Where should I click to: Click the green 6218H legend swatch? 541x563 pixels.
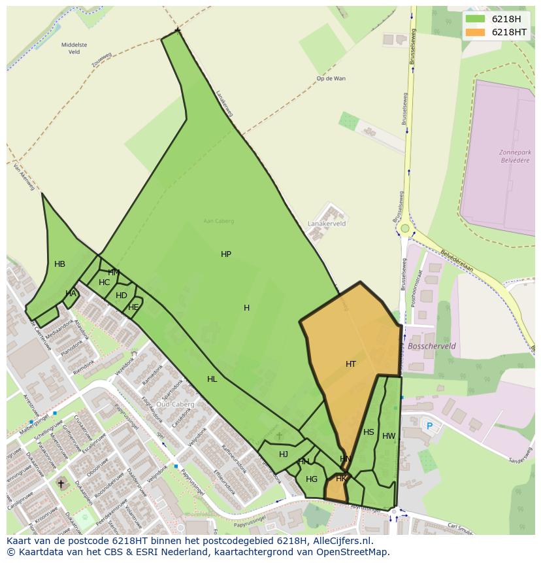click(475, 19)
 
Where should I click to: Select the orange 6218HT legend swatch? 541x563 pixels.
click(475, 32)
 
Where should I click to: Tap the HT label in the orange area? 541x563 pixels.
click(351, 364)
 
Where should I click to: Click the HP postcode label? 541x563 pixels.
click(226, 254)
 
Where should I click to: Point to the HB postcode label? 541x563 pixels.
click(59, 264)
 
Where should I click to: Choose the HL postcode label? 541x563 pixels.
click(212, 379)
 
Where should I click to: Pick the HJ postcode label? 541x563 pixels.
click(284, 454)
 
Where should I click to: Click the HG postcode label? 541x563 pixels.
click(312, 479)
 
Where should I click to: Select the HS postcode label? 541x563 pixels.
click(369, 432)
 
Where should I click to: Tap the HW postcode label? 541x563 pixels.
click(389, 436)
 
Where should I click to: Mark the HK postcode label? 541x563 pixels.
click(341, 479)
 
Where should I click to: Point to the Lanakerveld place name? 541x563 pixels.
click(327, 224)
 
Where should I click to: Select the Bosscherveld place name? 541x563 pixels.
click(432, 346)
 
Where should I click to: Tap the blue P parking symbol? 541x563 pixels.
click(429, 426)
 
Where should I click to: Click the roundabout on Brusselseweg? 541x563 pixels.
click(405, 229)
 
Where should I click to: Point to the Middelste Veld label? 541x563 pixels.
click(74, 48)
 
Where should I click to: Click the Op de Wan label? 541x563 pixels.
click(331, 78)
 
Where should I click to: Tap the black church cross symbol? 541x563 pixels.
click(61, 484)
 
